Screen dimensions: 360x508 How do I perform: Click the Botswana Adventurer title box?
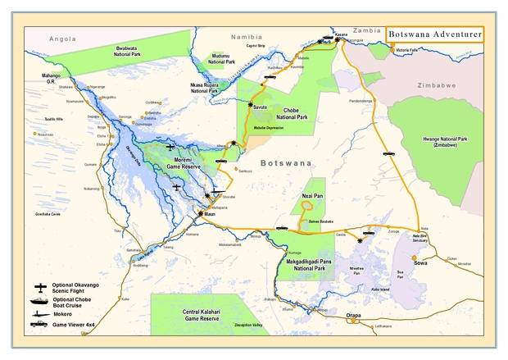[436, 34]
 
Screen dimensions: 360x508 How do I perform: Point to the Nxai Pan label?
[307, 198]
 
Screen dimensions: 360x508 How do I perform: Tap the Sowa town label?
[420, 264]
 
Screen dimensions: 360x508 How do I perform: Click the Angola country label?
[62, 39]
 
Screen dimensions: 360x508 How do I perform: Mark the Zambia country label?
[371, 30]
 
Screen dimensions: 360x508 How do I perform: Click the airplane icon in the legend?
[40, 287]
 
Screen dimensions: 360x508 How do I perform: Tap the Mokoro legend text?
[75, 312]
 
